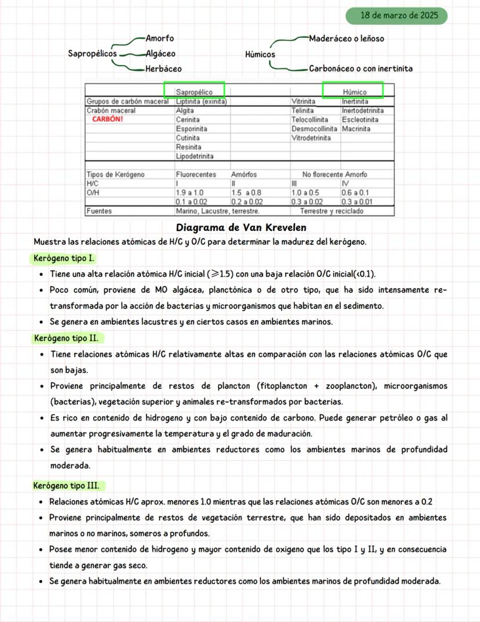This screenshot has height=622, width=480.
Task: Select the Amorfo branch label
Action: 159,38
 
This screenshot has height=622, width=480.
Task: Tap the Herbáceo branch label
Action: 163,68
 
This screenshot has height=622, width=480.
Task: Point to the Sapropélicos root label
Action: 92,53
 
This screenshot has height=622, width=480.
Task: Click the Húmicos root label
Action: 260,55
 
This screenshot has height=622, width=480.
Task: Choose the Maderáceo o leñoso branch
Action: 346,38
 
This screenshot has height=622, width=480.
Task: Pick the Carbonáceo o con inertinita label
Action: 361,68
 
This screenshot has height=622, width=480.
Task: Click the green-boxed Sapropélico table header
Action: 194,92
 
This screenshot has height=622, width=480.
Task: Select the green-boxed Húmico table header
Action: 354,92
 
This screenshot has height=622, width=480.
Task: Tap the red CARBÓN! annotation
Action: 108,120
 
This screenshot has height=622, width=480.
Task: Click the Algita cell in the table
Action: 185,110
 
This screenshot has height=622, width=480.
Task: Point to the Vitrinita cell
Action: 303,102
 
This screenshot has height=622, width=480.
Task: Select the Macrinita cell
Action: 356,129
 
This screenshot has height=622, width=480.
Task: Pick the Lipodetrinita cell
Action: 195,156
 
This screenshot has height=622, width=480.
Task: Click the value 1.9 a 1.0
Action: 190,193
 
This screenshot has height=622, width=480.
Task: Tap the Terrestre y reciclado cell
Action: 332,211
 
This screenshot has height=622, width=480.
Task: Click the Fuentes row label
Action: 99,211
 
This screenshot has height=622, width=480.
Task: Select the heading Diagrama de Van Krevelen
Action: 241,227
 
